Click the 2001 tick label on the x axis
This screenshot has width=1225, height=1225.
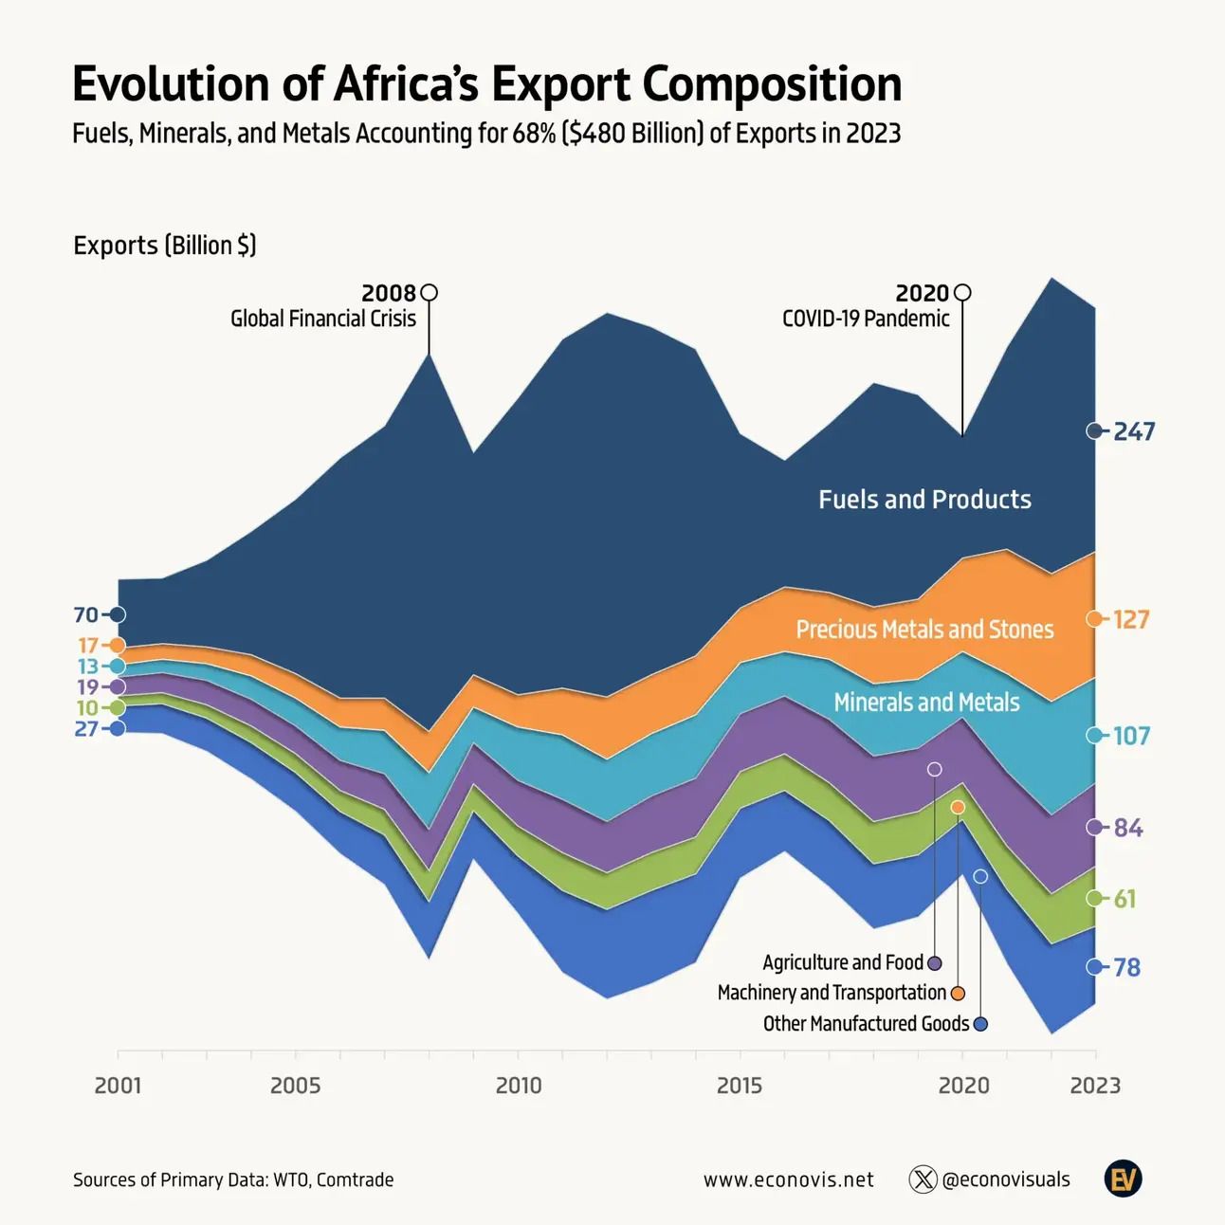(118, 1085)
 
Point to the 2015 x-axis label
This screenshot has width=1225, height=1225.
(740, 1085)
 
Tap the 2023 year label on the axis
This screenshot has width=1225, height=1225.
(1095, 1085)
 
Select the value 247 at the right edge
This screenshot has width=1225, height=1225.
(1134, 431)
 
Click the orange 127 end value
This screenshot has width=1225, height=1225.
(1131, 619)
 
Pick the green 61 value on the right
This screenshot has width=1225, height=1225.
(1124, 898)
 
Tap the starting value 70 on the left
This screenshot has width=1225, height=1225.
(85, 614)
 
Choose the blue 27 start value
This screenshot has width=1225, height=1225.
(85, 728)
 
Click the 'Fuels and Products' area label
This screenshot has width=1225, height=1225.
(924, 500)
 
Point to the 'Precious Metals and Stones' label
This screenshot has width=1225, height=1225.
(924, 630)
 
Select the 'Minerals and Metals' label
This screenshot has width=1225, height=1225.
(926, 703)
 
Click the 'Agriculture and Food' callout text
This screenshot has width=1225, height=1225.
(843, 962)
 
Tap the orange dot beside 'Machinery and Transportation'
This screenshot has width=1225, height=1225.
(958, 993)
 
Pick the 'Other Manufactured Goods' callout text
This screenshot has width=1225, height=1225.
(866, 1024)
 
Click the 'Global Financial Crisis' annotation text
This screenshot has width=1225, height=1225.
(323, 319)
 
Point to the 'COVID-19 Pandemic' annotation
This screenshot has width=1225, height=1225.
(866, 319)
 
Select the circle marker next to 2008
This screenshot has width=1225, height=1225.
(429, 292)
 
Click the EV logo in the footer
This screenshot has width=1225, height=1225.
(1124, 1179)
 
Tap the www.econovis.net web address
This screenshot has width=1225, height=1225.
(789, 1179)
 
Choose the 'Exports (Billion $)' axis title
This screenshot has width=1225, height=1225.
(165, 246)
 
